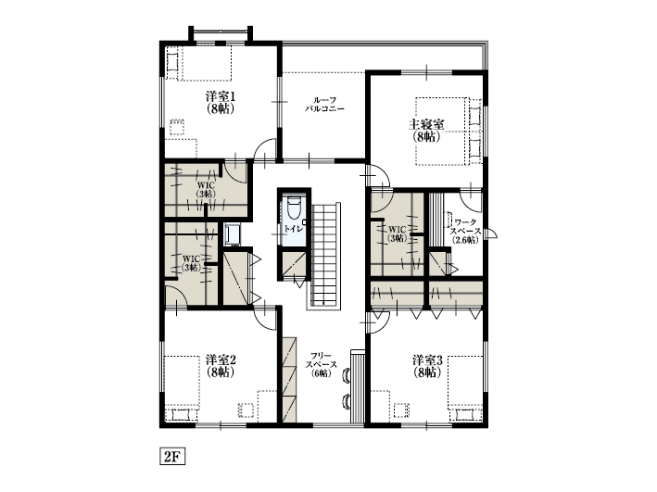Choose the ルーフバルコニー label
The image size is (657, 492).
[324, 104]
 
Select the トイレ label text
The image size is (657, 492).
[292, 227]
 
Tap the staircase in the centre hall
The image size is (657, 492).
[326, 255]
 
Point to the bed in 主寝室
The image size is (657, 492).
[448, 131]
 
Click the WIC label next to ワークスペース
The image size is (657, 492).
[398, 233]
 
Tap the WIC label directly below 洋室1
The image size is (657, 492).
[205, 188]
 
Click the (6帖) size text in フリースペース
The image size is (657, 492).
[322, 374]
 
